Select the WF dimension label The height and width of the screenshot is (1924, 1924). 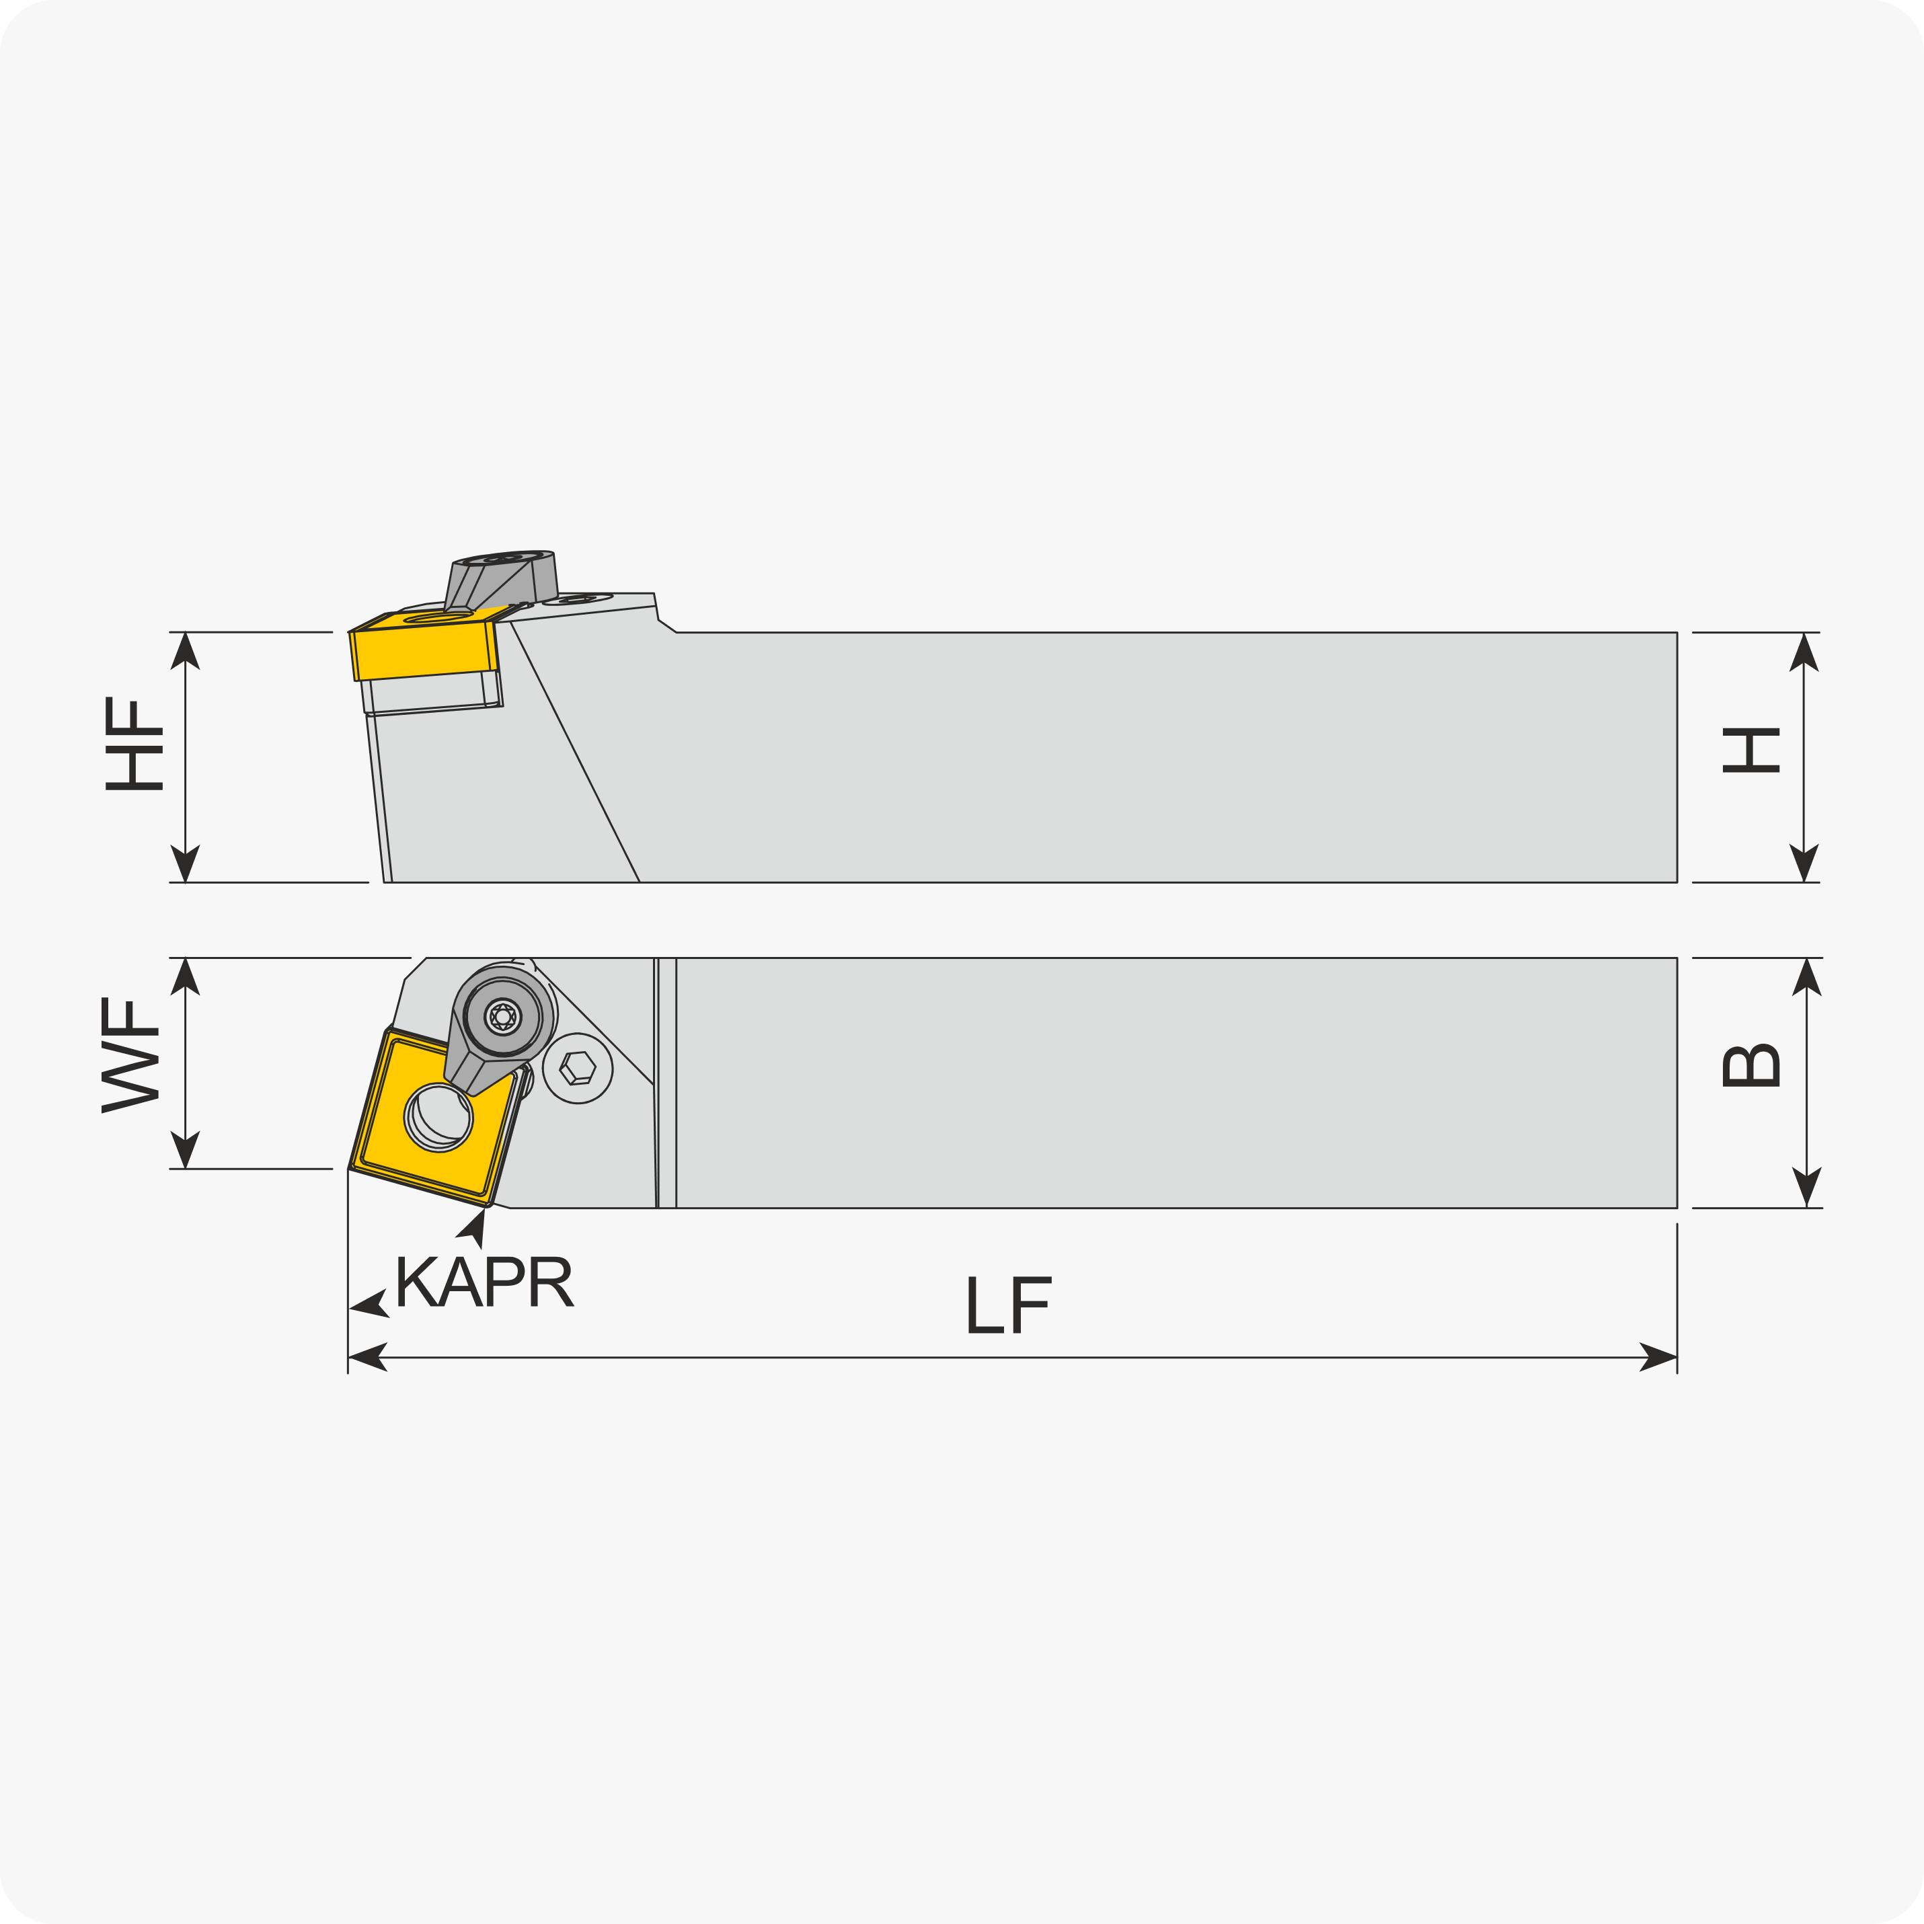pos(130,1054)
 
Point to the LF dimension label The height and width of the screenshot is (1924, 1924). pos(1009,1305)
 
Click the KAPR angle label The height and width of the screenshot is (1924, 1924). pos(485,1280)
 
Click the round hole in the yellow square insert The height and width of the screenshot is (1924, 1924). pos(438,1118)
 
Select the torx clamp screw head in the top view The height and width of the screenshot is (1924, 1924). pos(503,1017)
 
